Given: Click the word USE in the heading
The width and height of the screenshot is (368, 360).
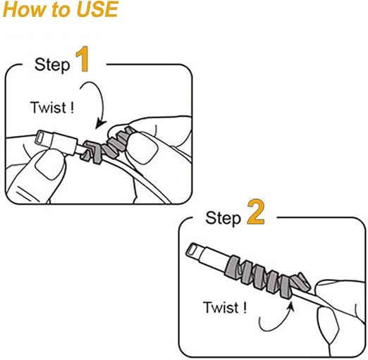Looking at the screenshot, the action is [97, 9].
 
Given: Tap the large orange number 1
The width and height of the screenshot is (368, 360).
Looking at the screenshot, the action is [82, 58].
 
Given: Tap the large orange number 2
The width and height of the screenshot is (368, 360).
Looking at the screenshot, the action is [256, 212].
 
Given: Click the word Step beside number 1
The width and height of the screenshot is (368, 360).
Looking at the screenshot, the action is [52, 65].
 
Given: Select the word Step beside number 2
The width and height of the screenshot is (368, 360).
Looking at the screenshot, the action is [223, 218].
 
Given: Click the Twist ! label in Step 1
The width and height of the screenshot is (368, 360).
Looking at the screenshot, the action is [52, 108].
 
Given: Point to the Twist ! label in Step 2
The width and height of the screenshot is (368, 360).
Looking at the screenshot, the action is [225, 307].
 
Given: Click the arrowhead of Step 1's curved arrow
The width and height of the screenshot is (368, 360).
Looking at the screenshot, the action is [100, 124].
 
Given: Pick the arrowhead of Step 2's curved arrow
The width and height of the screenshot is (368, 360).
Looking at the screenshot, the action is [291, 306].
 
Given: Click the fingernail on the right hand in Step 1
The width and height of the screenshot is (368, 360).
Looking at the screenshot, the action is [142, 148].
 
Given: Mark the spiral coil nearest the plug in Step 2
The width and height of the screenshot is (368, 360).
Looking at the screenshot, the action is [233, 267].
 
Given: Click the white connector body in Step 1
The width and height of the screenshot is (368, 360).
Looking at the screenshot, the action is [63, 143].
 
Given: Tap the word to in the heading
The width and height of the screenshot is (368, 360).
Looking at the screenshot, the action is [62, 11].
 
